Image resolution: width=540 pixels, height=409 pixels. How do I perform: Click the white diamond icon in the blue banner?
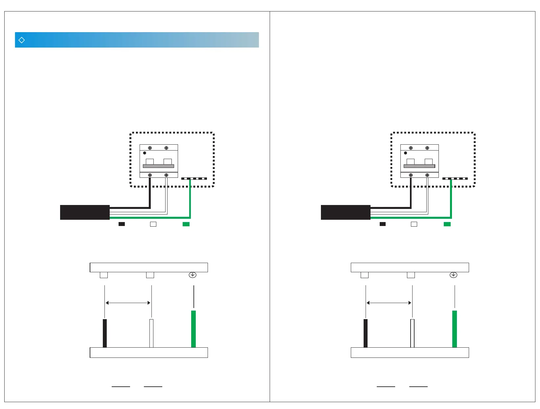pyautogui.click(x=22, y=40)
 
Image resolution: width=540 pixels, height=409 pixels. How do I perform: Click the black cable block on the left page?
pyautogui.click(x=85, y=212)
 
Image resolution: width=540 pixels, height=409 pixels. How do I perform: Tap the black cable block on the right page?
pyautogui.click(x=346, y=212)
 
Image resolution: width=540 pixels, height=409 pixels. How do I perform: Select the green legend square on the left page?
pyautogui.click(x=186, y=224)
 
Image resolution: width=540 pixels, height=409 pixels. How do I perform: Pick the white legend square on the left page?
pyautogui.click(x=153, y=224)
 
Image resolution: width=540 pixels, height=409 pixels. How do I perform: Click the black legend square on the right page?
pyautogui.click(x=382, y=224)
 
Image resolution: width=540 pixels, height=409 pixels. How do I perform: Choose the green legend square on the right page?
pyautogui.click(x=447, y=224)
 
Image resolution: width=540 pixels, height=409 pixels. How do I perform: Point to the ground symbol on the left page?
pyautogui.click(x=192, y=275)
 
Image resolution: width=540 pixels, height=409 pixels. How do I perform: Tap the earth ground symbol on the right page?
pyautogui.click(x=453, y=275)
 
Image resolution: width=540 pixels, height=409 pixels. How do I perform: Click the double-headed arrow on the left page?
pyautogui.click(x=128, y=303)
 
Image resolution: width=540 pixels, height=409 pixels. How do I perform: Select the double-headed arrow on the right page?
pyautogui.click(x=389, y=303)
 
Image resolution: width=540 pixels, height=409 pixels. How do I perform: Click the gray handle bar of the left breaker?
pyautogui.click(x=158, y=166)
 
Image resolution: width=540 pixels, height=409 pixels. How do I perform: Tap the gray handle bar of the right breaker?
pyautogui.click(x=419, y=166)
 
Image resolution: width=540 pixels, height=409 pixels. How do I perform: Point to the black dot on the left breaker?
pyautogui.click(x=145, y=153)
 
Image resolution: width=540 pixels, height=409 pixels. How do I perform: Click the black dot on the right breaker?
pyautogui.click(x=405, y=153)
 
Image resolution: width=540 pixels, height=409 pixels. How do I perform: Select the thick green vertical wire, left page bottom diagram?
pyautogui.click(x=193, y=329)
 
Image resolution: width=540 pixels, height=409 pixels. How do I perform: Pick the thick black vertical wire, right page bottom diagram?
pyautogui.click(x=366, y=333)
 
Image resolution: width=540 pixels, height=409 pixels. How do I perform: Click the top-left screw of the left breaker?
pyautogui.click(x=150, y=148)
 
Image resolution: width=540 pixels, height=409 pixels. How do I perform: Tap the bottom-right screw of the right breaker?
pyautogui.click(x=427, y=175)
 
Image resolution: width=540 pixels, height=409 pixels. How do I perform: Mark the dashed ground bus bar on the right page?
pyautogui.click(x=455, y=179)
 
